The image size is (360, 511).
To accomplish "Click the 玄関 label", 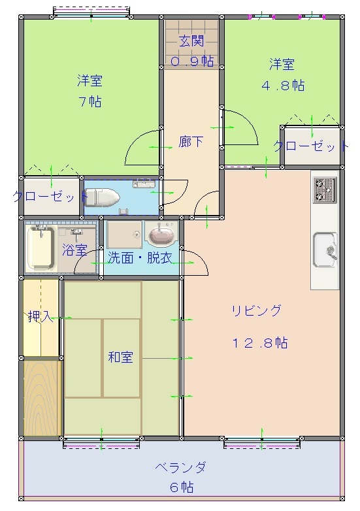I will tap(191, 41).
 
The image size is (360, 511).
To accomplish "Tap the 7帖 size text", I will tap(91, 101).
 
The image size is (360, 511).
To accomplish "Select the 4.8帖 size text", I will tap(283, 85).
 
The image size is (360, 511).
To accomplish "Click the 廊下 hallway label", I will tap(191, 142).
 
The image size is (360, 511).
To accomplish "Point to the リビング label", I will tap(256, 310).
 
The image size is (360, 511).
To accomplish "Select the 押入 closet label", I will tap(40, 317).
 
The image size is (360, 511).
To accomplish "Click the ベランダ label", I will tap(180, 467).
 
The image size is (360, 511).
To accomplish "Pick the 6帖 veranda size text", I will tap(181, 487).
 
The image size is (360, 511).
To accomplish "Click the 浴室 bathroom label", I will tap(74, 250).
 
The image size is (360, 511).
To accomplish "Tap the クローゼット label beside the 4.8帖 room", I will tap(310, 146).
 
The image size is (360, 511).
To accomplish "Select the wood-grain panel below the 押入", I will tap(42, 398).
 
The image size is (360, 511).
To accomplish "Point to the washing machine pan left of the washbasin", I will tap(123, 234).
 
